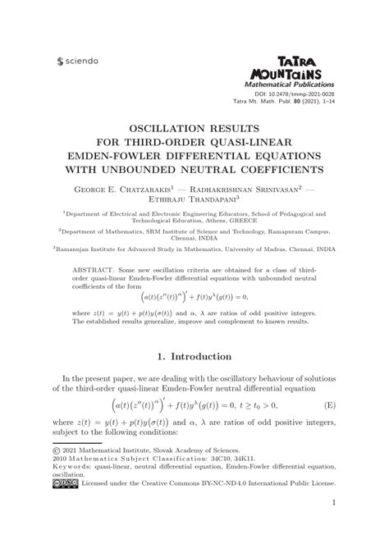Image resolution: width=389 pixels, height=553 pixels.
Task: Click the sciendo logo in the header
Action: pyautogui.click(x=76, y=60)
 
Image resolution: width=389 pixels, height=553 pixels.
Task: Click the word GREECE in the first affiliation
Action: pyautogui.click(x=246, y=221)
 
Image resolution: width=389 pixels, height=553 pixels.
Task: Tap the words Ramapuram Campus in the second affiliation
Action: pyautogui.click(x=318, y=233)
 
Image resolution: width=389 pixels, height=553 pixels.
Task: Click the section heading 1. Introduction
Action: pyautogui.click(x=194, y=355)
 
